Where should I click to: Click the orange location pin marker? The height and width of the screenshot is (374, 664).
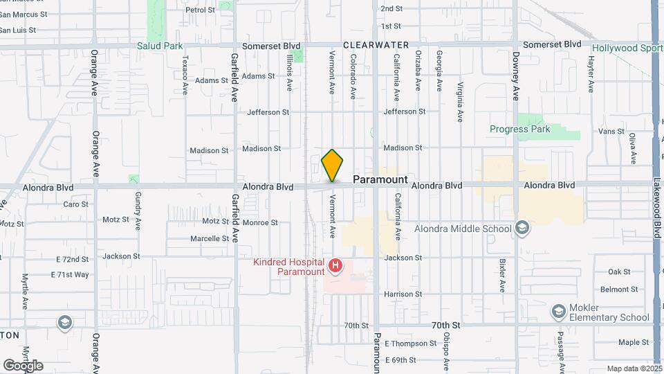click(333, 166)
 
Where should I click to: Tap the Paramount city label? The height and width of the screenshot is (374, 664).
click(380, 179)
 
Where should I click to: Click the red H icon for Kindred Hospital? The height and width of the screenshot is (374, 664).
click(335, 265)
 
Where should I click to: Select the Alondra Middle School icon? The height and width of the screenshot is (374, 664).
click(522, 229)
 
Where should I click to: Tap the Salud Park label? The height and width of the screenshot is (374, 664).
click(159, 46)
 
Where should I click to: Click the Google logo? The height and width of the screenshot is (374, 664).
click(23, 365)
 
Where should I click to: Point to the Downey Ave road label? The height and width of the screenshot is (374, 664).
click(516, 77)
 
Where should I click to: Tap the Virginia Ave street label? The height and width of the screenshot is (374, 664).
click(461, 103)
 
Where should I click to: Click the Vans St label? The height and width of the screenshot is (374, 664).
click(611, 131)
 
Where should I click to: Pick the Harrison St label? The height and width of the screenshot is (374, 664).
click(403, 294)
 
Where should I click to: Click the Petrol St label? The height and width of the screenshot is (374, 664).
click(201, 10)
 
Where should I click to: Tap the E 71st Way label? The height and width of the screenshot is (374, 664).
click(70, 274)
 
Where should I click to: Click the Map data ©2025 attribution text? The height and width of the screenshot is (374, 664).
click(634, 368)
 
